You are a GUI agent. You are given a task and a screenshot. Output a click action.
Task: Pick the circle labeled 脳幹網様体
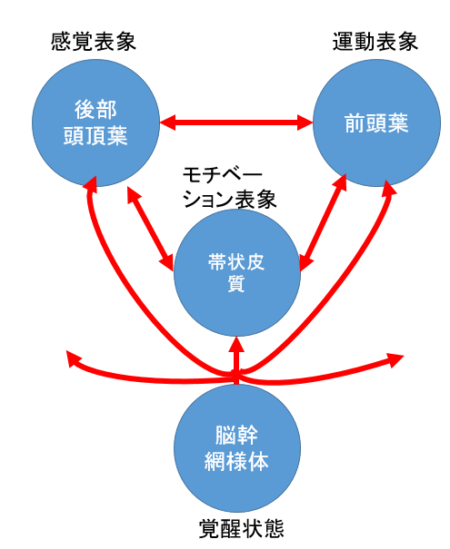pyautogui.click(x=235, y=447)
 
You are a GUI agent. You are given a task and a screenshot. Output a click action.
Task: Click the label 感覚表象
pyautogui.click(x=92, y=44)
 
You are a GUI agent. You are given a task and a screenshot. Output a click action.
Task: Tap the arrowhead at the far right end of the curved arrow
pyautogui.click(x=397, y=359)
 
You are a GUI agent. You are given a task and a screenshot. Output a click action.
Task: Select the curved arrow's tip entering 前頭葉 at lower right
pyautogui.click(x=389, y=186)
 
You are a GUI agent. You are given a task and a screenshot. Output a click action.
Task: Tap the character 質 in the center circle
pyautogui.click(x=235, y=285)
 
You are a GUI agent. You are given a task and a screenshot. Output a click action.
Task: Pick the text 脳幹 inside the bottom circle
pyautogui.click(x=235, y=434)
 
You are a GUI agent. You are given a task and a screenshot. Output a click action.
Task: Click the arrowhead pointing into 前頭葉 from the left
pyautogui.click(x=306, y=121)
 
